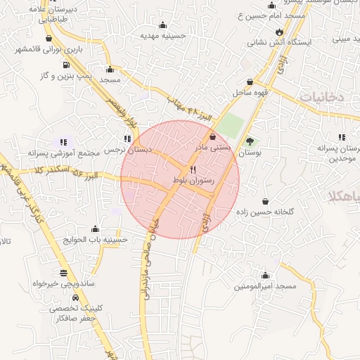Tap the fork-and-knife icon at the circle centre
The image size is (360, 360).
click(193, 170)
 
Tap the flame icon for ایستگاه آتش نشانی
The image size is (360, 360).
click(281, 32)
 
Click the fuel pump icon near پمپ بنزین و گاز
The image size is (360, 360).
click(65, 63)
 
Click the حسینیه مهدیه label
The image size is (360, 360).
click(162, 34)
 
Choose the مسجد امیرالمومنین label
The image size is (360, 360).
click(266, 286)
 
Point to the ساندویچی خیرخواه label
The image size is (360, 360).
click(63, 284)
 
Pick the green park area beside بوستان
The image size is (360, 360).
click(233, 127)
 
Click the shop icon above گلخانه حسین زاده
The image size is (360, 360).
click(266, 201)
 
